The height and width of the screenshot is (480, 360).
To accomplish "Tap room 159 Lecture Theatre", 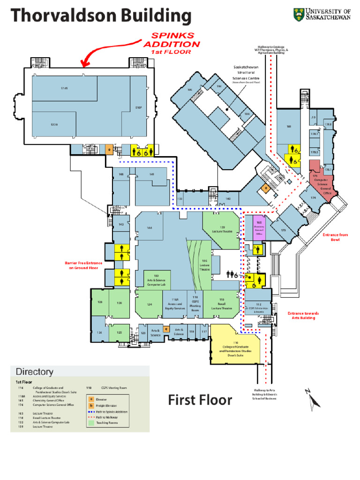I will click(x=222, y=230).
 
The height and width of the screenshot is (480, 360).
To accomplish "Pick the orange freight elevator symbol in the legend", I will click(x=91, y=405).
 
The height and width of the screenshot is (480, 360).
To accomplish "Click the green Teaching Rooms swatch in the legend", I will click(x=91, y=423).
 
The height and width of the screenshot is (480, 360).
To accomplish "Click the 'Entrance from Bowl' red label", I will click(x=335, y=237).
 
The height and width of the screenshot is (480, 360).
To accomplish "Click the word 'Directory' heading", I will click(x=35, y=372).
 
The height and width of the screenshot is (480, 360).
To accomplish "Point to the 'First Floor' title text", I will click(x=200, y=400).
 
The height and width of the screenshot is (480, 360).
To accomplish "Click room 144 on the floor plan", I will click(x=149, y=228).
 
